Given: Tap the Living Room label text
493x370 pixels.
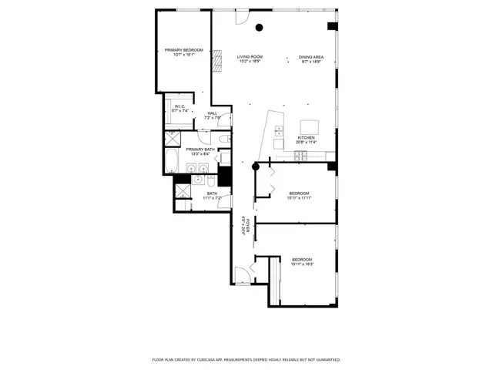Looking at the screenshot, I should [250, 57].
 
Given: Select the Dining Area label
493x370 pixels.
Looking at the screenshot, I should [311, 57].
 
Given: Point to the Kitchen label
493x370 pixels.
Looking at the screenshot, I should [306, 137].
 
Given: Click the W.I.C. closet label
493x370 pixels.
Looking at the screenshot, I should [179, 106].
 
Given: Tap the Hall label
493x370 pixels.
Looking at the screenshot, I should [212, 113].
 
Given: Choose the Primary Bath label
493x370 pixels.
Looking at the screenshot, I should [200, 149].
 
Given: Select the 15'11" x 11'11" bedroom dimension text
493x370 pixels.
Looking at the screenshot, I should [300, 198].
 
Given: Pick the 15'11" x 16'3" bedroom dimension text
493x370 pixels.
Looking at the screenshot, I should [302, 264].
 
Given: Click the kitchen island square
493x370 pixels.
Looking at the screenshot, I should [309, 126].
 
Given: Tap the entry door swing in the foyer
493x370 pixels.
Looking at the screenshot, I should [241, 272].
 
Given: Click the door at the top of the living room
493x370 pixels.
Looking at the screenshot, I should [243, 16].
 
